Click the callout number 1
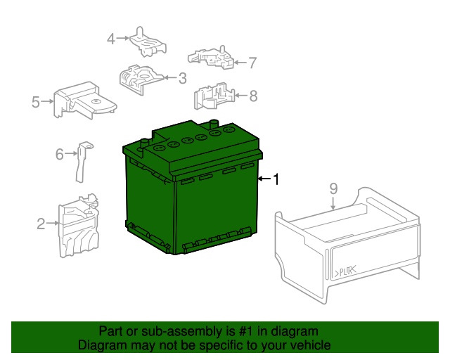(x=276, y=180)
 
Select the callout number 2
(x=41, y=224)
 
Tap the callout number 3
(x=181, y=78)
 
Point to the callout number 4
(x=111, y=39)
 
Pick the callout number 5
(x=36, y=103)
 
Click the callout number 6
(x=60, y=153)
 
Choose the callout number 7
(x=252, y=63)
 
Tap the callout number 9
(x=333, y=188)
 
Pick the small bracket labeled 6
(x=83, y=160)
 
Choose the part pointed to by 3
(x=143, y=78)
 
